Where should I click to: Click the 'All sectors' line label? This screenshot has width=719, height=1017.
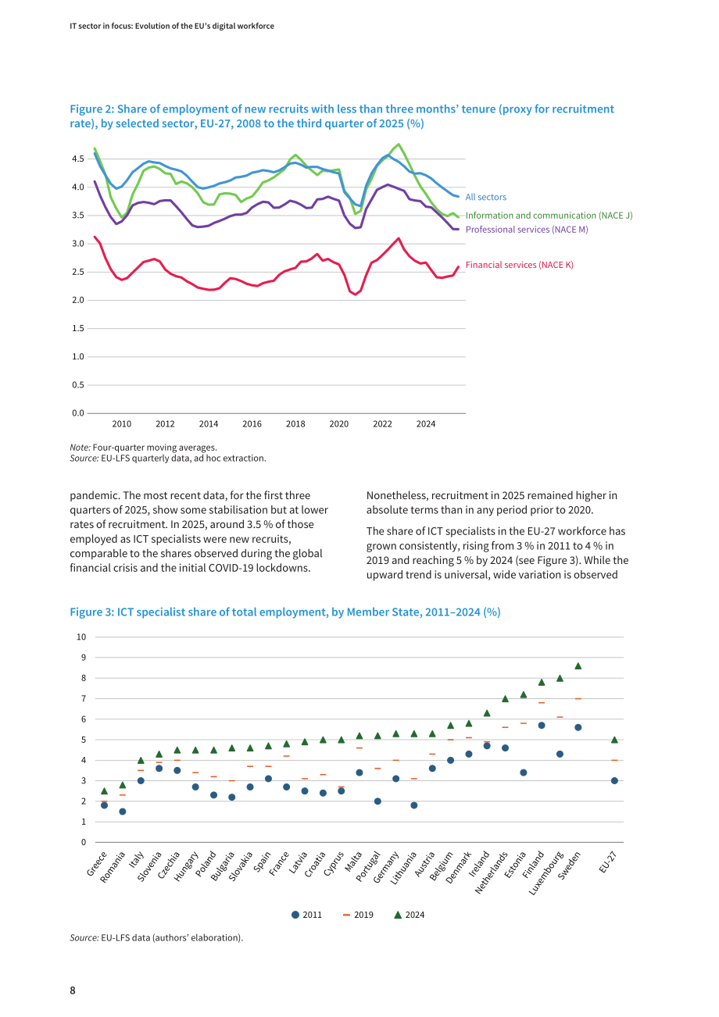(x=485, y=197)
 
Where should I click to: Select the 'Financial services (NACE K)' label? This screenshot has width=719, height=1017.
(x=519, y=265)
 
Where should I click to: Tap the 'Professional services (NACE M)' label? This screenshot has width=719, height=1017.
(x=527, y=230)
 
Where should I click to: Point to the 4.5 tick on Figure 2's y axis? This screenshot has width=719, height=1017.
(x=77, y=159)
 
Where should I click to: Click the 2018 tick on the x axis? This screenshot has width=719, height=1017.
(x=295, y=424)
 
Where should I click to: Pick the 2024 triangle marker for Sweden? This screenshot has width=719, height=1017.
(x=578, y=666)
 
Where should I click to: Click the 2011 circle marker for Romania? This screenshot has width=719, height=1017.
(x=122, y=812)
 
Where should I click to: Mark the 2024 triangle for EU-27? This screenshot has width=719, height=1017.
(x=614, y=740)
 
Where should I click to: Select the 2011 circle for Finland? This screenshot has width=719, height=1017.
(x=542, y=726)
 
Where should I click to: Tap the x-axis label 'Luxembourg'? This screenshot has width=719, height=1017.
(x=547, y=873)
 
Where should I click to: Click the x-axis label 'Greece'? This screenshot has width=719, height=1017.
(x=98, y=864)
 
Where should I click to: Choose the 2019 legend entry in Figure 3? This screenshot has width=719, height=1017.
(x=358, y=915)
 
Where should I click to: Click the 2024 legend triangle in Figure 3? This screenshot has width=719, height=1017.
(x=398, y=915)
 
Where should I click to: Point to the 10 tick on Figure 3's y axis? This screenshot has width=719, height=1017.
(x=81, y=637)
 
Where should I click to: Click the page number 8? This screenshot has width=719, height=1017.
(x=73, y=990)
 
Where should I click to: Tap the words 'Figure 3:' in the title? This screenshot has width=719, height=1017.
(x=91, y=612)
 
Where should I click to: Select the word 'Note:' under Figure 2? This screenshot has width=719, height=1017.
(x=80, y=448)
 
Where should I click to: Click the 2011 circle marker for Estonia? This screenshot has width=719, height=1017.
(x=524, y=773)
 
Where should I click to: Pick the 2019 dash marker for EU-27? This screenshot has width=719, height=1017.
(x=614, y=760)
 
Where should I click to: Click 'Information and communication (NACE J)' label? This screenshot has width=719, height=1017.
(x=549, y=216)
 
